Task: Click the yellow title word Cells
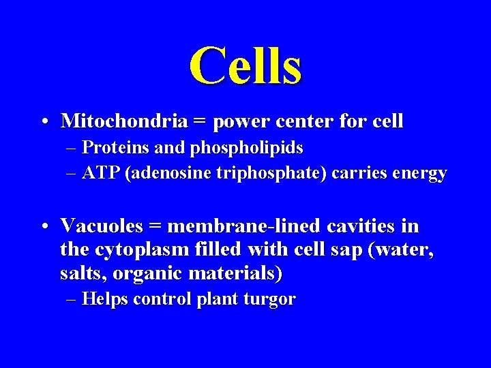[245, 65]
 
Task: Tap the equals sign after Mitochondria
[199, 122]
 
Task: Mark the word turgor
[270, 300]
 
